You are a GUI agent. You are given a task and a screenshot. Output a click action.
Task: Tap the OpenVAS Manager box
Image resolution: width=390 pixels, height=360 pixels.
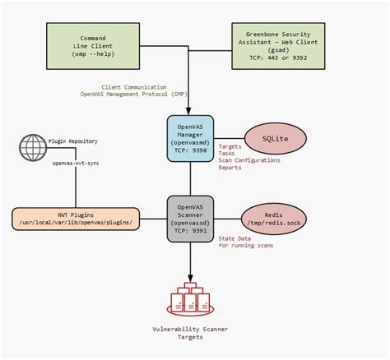tap(192, 137)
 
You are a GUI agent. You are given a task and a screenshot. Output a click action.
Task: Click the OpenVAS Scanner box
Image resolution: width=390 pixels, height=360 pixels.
tap(192, 219)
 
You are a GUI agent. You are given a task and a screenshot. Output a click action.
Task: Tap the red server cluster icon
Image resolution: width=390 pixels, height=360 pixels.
tap(192, 300)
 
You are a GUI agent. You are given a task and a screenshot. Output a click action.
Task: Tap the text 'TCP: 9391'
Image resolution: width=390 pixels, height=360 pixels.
tap(192, 232)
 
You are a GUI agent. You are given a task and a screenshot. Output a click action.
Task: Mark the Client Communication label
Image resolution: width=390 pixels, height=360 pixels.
tap(134, 86)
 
